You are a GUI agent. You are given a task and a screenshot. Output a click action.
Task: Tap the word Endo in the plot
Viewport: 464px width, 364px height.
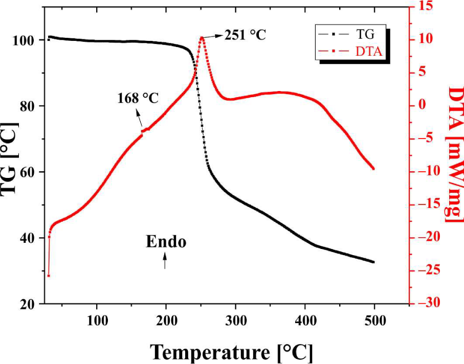point(166,242)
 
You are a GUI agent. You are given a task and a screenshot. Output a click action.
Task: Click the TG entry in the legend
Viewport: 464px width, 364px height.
point(366,35)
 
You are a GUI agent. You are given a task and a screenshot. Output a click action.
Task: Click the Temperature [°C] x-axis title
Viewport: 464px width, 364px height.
point(231,352)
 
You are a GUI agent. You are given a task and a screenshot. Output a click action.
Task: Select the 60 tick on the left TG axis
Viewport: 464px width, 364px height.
point(31,172)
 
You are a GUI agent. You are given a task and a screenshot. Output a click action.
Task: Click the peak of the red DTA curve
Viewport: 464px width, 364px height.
point(202,37)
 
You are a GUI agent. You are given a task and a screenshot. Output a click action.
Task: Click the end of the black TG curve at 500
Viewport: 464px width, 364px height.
point(373,262)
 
